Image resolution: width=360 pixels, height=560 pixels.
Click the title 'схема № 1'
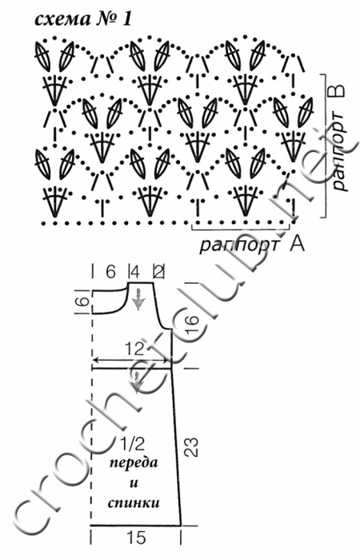click(83, 20)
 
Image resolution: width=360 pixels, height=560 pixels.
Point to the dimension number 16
click(191, 324)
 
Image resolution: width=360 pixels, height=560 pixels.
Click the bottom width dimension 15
click(136, 537)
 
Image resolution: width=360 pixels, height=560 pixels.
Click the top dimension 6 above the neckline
click(110, 273)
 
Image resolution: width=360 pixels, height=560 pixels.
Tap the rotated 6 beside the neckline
click(82, 302)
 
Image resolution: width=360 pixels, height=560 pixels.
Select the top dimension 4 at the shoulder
click(134, 273)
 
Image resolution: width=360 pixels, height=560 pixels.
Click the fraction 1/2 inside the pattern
click(132, 444)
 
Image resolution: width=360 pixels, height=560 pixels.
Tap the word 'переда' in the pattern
click(134, 463)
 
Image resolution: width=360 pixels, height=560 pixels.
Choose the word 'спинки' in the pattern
click(134, 503)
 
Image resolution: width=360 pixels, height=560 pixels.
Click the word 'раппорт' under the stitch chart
click(239, 246)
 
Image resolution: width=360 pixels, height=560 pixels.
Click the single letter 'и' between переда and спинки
click(134, 483)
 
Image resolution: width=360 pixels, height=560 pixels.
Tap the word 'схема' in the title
click(62, 20)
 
